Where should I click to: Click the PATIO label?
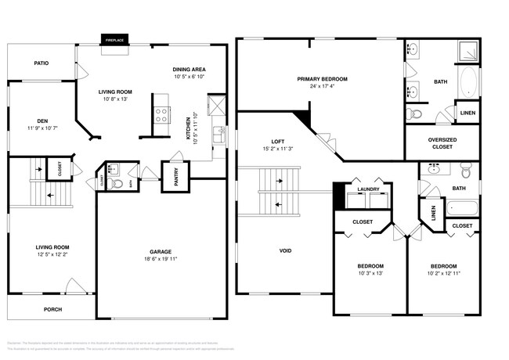pos(41,63)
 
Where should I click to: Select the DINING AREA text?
pos(189,70)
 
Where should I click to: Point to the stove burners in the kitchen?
pos(161,115)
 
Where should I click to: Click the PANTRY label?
pos(170,178)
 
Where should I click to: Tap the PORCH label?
pos(52,309)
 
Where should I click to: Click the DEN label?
pos(38,121)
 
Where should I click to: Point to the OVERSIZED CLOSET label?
pos(441,144)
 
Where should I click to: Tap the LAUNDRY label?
pos(368,189)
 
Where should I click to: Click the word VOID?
pos(285,250)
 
